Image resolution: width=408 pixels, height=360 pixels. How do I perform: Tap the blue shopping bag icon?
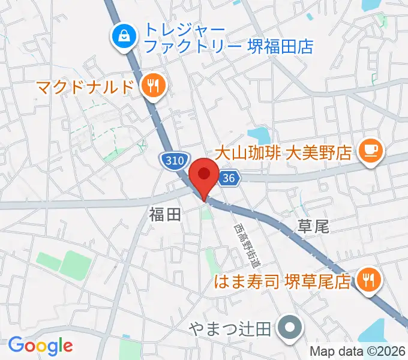click(125, 37)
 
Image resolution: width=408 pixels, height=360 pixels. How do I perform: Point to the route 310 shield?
click(172, 160)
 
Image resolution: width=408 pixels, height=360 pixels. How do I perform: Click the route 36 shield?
click(228, 178)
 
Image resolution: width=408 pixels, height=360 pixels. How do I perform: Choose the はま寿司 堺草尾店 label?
click(283, 281)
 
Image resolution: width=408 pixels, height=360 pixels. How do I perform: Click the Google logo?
click(40, 345)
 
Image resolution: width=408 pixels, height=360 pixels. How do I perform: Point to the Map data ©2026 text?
click(358, 352)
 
